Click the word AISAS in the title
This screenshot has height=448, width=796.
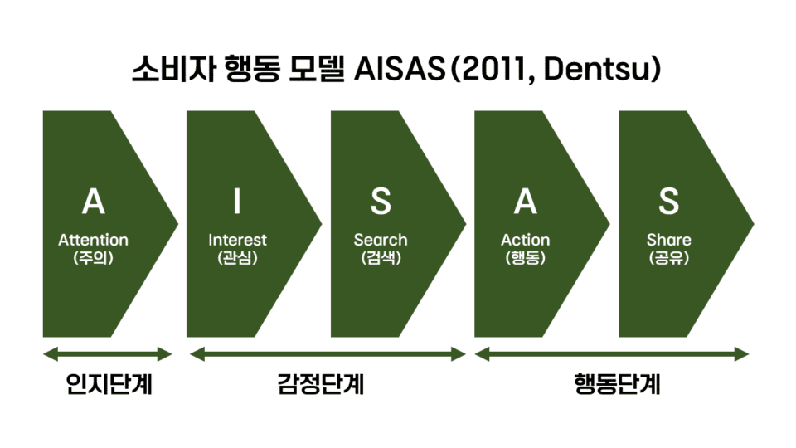coord(399,70)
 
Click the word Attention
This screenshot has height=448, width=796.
coord(93,240)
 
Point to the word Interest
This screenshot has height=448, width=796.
coord(237,240)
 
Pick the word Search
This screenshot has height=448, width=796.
coord(381,240)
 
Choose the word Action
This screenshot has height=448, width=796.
coord(525,240)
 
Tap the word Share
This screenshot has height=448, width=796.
coord(668,240)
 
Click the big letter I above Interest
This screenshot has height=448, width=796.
coord(237,202)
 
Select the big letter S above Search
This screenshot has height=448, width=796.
coord(381,202)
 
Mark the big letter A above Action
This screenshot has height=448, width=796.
coord(525,202)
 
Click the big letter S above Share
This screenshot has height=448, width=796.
coord(668,202)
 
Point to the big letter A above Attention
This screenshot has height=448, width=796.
coord(94,202)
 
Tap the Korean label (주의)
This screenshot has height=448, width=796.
coord(93,258)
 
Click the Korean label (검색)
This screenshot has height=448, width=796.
coord(381,258)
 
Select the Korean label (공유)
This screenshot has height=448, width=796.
coord(668,258)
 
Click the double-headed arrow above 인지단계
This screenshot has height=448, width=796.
coord(108,355)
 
